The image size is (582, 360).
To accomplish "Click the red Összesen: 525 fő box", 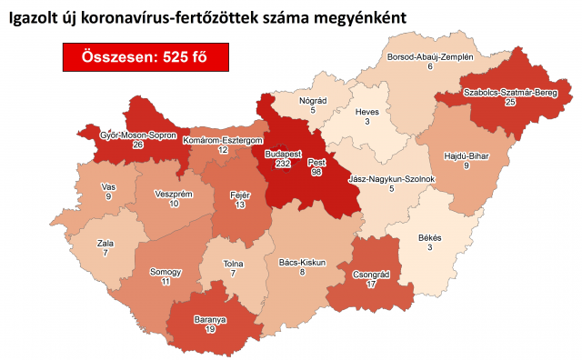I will click(145, 56).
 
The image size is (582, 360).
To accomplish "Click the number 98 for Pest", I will click(316, 170).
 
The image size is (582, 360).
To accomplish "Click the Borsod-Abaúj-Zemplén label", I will click(430, 56).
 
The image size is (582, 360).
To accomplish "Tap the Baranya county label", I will click(209, 319).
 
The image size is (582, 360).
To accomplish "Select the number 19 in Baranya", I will click(209, 331).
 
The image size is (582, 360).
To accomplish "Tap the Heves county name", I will click(368, 111).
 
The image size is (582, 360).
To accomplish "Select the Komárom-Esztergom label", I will click(223, 141).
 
